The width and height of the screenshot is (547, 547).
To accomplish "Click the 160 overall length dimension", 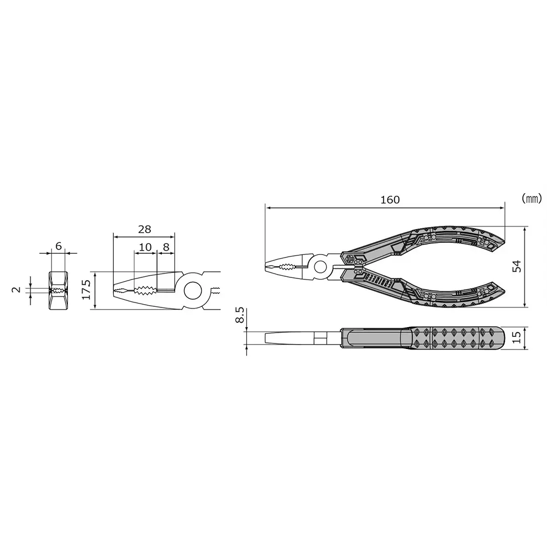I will [390, 200].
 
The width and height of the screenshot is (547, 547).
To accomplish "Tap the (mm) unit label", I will [531, 198].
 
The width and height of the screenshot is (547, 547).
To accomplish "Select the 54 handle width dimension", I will [516, 266].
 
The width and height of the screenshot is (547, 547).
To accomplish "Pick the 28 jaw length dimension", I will [144, 229].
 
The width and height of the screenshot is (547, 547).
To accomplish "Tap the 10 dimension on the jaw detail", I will [145, 247].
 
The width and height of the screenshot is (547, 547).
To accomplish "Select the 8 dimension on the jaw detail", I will [165, 247].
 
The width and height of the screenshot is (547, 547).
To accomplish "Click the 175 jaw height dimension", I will [86, 289].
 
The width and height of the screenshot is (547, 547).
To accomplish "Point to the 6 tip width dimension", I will [58, 246].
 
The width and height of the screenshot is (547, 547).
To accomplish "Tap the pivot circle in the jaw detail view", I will [193, 290].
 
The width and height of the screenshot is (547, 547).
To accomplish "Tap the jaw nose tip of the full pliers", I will [267, 267].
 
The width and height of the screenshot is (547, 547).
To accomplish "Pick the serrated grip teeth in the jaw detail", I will [146, 290].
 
